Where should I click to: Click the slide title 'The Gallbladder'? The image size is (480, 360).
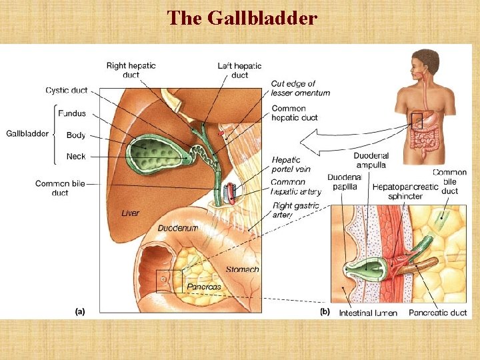pos(241,17)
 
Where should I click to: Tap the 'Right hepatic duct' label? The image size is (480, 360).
pos(131,70)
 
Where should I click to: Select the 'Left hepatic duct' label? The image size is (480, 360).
pos(239,70)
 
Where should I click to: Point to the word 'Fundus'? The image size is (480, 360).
pos(71,113)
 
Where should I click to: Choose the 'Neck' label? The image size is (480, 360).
pos(75,157)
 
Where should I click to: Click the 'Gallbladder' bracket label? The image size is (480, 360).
pos(27,133)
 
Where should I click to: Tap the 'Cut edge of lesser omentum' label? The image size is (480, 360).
pos(300,88)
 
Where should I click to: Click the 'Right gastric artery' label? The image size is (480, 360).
pos(296,210)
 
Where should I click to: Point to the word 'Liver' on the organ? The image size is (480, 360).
pos(131,213)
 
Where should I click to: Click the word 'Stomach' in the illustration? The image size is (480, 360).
pos(242,270)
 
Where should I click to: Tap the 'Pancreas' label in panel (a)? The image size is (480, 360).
pos(203,287)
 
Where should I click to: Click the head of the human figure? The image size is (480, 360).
pos(423,61)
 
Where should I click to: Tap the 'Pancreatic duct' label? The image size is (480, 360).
pos(437,313)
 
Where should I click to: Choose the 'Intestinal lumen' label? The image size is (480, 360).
pos(367,313)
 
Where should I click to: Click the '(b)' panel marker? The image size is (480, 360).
pos(325,311)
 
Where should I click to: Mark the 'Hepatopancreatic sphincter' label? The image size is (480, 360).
pos(405,192)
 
